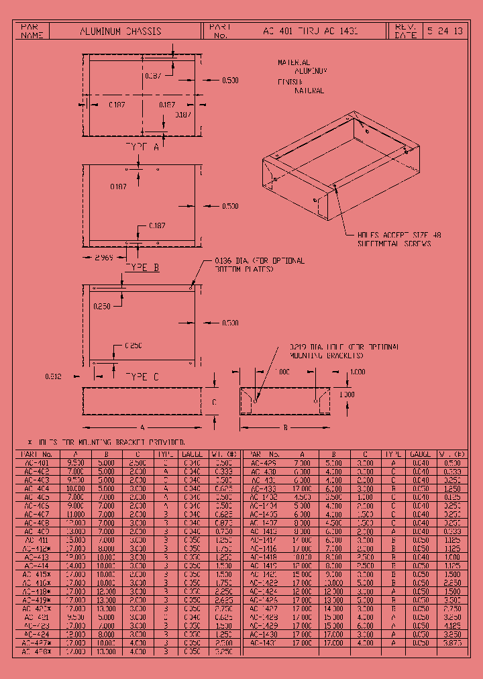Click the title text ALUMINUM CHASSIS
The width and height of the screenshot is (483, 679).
click(121, 31)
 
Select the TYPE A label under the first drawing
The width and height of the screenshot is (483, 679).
click(142, 147)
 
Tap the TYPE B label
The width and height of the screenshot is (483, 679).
click(142, 267)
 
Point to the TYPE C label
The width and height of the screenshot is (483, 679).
click(142, 377)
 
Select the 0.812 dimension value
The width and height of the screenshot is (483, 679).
click(54, 377)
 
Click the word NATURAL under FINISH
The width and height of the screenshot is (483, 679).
click(309, 91)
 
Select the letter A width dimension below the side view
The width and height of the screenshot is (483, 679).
click(142, 427)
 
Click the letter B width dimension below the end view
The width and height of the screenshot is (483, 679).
click(284, 427)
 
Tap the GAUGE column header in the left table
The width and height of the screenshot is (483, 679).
click(193, 454)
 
